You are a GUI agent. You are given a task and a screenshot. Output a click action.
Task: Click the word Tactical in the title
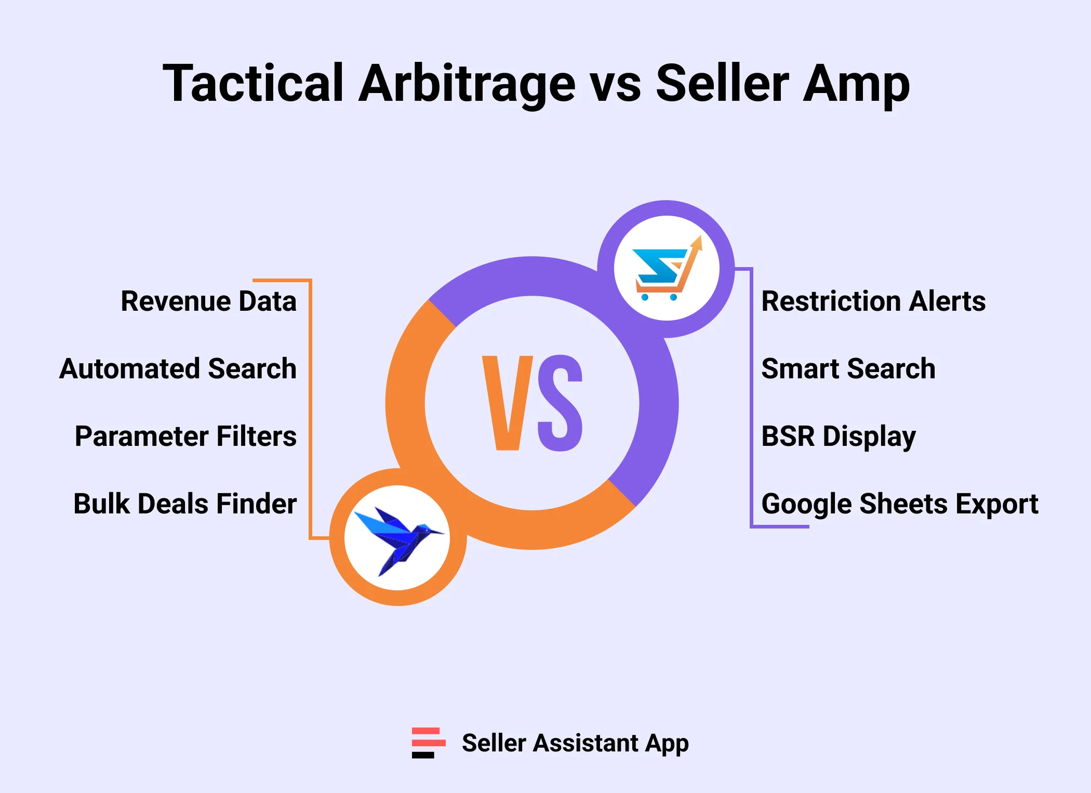[253, 83]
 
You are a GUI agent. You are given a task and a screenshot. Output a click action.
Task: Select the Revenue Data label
[208, 301]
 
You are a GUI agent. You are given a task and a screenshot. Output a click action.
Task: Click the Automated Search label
[178, 368]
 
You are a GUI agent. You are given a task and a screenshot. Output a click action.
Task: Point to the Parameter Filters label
[185, 436]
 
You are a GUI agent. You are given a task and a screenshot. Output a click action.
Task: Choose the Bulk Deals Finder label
[185, 504]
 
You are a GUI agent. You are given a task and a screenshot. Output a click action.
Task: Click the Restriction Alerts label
[873, 301]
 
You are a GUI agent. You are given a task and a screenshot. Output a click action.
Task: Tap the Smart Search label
[848, 368]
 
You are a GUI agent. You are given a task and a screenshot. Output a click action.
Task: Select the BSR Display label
[838, 437]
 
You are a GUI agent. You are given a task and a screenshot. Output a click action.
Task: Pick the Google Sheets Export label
[899, 504]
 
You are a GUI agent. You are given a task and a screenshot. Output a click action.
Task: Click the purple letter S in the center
[560, 403]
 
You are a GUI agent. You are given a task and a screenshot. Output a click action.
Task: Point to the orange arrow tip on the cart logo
[698, 241]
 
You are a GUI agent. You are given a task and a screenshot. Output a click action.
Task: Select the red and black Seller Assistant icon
[428, 743]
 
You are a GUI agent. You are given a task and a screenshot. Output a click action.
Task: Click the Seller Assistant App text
[575, 743]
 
